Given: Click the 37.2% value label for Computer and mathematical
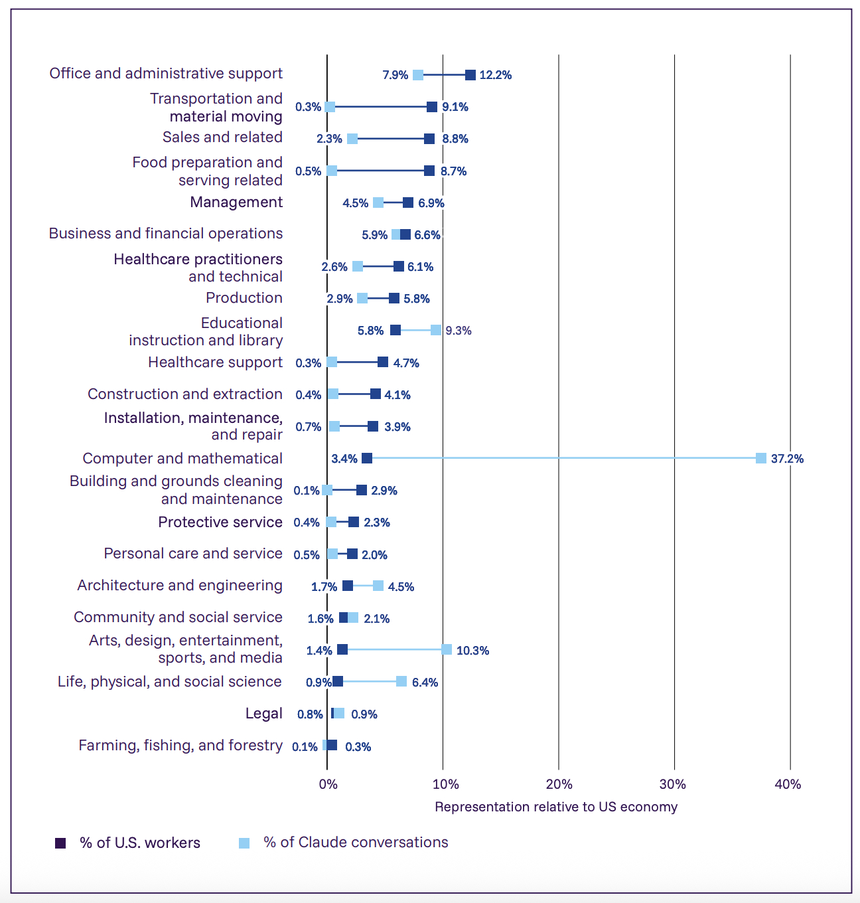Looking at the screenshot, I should [x=787, y=459].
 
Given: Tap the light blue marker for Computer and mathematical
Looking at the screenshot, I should [x=761, y=458].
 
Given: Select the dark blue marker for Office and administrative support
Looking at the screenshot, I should [x=470, y=75].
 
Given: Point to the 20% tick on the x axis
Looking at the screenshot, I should [x=559, y=784].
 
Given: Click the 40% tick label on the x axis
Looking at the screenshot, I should [x=788, y=784].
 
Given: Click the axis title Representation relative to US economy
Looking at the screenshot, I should [x=556, y=807].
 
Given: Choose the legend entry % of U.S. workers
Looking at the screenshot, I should [x=139, y=843].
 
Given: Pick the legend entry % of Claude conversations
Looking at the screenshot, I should [x=356, y=843].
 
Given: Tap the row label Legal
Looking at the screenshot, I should [x=264, y=714].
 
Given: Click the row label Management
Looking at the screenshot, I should [x=236, y=203].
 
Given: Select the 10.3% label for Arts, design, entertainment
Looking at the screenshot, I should [x=472, y=651].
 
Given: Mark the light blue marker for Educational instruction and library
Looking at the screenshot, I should [x=436, y=330].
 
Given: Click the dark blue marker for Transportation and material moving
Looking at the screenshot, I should [x=432, y=107].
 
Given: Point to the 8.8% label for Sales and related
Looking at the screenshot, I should [x=455, y=139].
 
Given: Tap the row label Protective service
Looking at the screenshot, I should [x=220, y=523].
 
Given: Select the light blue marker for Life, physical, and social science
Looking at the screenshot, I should [x=401, y=681].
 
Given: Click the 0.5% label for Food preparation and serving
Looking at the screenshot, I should [x=308, y=171].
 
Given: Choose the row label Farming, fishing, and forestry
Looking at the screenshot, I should [x=180, y=746].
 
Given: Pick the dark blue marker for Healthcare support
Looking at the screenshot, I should [x=383, y=362].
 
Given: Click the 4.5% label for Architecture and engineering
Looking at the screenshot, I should [x=401, y=587].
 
